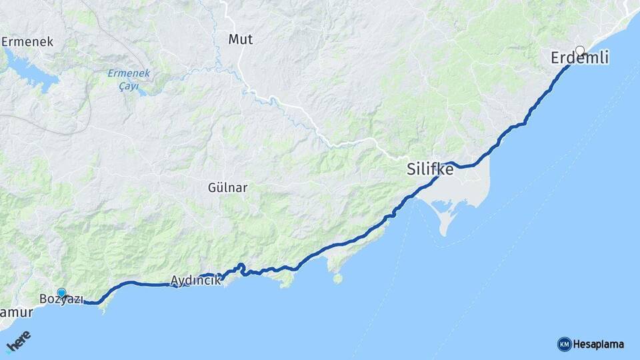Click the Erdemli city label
coord(580,59)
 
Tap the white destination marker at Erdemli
coord(580,50)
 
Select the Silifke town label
coord(430,170)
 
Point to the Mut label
coord(240,39)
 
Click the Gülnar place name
coord(227,188)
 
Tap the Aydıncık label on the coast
coord(195,281)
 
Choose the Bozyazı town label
coord(61,299)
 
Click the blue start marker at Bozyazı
coord(61,292)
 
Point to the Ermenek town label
coord(27,42)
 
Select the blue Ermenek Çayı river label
coord(129,79)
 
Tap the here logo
coord(19,341)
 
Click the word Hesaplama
coord(598,345)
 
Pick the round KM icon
coord(564,345)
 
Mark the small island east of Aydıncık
coord(338,278)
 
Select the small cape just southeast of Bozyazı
coord(101,308)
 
